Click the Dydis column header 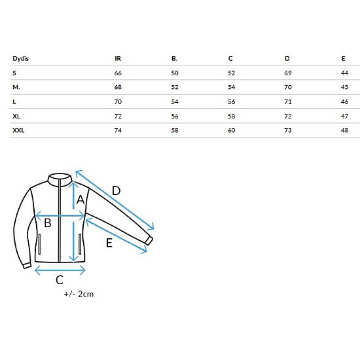[x=21, y=59]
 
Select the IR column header [x=118, y=59]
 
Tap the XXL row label [x=18, y=130]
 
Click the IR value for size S [x=118, y=73]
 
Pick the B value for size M [x=175, y=87]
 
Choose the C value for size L [x=232, y=101]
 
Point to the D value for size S [x=288, y=73]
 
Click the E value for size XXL [x=344, y=130]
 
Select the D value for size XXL [x=288, y=130]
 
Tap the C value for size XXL [x=232, y=130]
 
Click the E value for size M [x=344, y=87]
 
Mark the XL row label [x=16, y=116]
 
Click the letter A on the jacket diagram [x=81, y=200]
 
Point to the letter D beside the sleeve [x=116, y=190]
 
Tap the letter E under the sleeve [x=109, y=243]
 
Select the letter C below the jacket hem [x=60, y=280]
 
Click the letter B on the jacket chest [x=48, y=223]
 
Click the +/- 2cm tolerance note [x=79, y=294]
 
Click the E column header [x=343, y=59]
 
